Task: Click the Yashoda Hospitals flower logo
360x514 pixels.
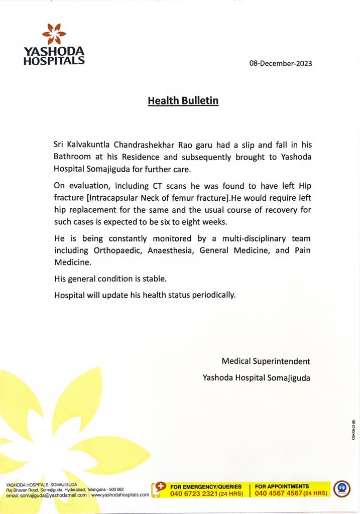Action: point(54,34)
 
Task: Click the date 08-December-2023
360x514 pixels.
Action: point(280,64)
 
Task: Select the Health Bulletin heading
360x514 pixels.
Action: point(183,101)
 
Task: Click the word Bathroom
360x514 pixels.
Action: point(72,156)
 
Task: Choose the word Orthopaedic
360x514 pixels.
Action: point(117,250)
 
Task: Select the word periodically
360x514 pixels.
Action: point(213,295)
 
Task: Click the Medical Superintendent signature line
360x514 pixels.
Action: point(266,361)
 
